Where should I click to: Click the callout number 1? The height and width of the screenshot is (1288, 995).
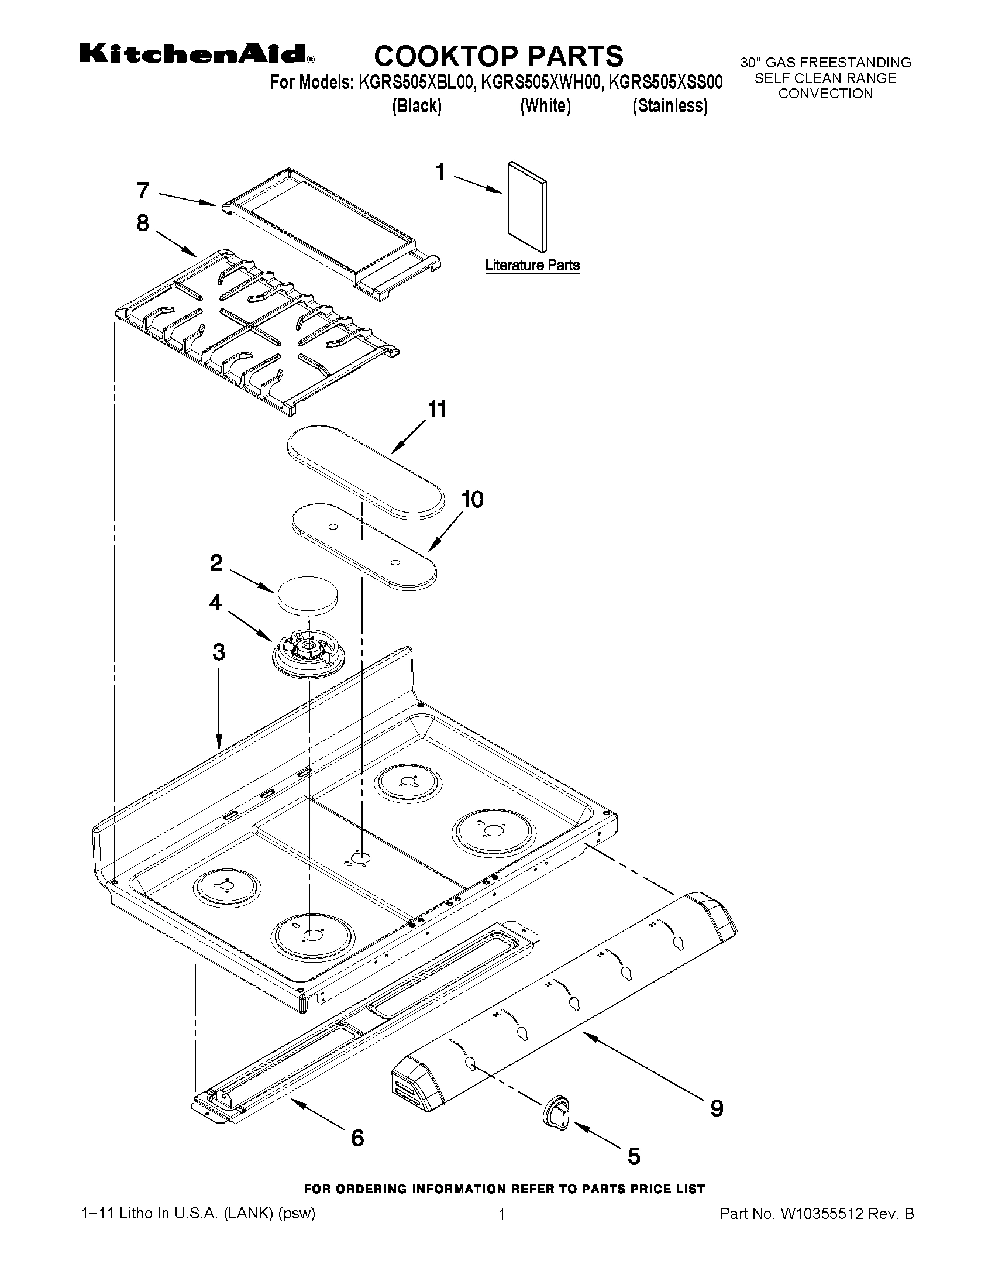pos(440,171)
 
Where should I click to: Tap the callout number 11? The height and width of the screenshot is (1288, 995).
pos(437,409)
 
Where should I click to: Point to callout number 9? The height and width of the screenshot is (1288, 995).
pos(716,1109)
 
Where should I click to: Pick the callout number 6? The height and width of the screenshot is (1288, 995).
pos(357,1138)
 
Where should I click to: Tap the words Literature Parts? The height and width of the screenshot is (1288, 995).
pos(532,266)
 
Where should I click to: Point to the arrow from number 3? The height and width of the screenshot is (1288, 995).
pos(219,707)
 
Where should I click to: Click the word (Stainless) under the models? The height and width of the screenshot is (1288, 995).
pos(670,106)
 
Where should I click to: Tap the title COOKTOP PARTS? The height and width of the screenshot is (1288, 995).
pos(499,56)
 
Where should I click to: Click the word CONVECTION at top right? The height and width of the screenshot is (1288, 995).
pos(825,94)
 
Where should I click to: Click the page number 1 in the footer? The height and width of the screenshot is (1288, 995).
pos(502,1214)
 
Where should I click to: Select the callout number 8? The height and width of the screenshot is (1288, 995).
pos(143,223)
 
